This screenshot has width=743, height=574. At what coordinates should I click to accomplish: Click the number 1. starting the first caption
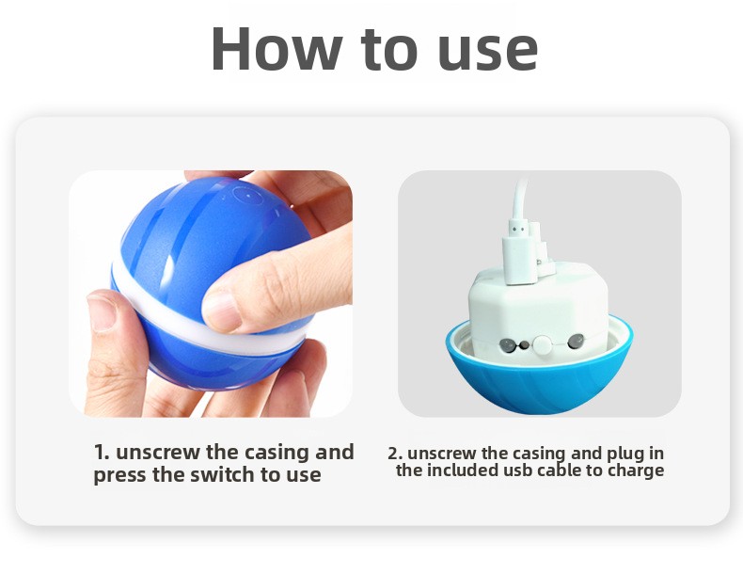pyautogui.click(x=102, y=452)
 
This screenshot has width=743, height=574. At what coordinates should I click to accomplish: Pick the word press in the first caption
pyautogui.click(x=119, y=475)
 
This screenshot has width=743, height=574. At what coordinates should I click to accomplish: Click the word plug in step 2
pyautogui.click(x=625, y=454)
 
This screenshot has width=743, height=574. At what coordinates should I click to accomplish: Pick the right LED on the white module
pyautogui.click(x=576, y=341)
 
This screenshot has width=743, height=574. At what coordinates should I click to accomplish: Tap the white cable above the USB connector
pyautogui.click(x=520, y=199)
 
